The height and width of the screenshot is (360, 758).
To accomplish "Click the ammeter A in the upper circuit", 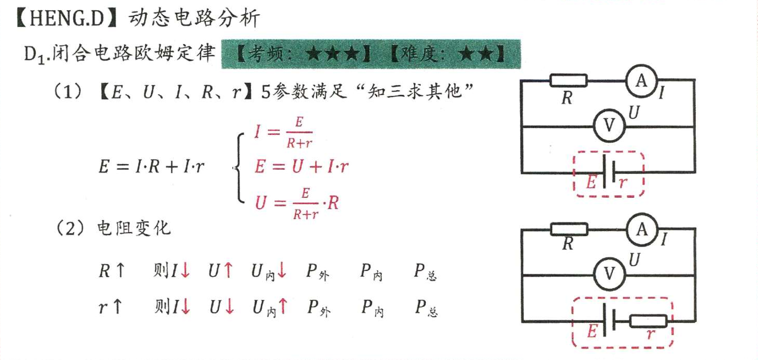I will pyautogui.click(x=641, y=81).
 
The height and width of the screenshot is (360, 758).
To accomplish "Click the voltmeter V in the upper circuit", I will pyautogui.click(x=608, y=125).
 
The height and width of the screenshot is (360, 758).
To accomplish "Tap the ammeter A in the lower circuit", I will pyautogui.click(x=641, y=230).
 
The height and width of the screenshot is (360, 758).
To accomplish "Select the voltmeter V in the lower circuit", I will pyautogui.click(x=608, y=274).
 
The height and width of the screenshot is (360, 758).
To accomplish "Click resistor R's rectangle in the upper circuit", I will pyautogui.click(x=568, y=81).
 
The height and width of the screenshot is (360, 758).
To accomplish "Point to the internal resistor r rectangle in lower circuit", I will pyautogui.click(x=648, y=322).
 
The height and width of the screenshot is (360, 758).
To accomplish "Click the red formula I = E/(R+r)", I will pyautogui.click(x=284, y=132).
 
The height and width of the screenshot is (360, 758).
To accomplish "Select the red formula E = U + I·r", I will pyautogui.click(x=302, y=166).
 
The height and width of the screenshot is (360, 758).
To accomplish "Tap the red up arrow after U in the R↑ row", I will pyautogui.click(x=228, y=271).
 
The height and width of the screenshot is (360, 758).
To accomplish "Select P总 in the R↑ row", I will pyautogui.click(x=426, y=272).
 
